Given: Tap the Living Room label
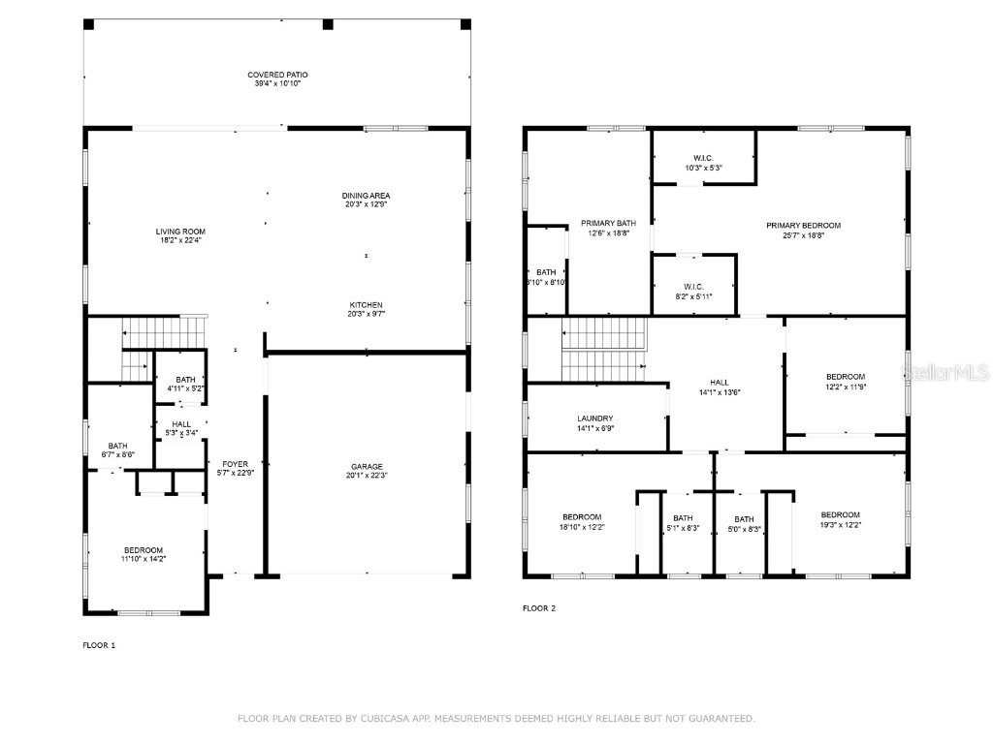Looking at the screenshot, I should click(180, 232).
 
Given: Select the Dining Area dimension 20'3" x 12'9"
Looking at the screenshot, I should click(366, 204).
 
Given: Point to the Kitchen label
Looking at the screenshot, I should click(367, 304).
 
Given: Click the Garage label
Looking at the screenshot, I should click(367, 467).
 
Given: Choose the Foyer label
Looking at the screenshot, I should click(235, 464).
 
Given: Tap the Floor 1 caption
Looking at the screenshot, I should click(99, 644).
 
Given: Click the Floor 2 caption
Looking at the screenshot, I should click(539, 608).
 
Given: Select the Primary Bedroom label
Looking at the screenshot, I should click(803, 226).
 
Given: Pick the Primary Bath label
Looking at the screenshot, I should click(608, 223).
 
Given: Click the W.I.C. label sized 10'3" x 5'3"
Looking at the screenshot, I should click(703, 158).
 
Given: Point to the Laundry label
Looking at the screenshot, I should click(595, 418).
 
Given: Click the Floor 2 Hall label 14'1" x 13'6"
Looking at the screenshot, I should click(719, 383).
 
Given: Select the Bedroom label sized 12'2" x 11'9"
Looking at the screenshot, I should click(845, 377).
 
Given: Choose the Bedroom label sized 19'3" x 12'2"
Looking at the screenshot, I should click(840, 514).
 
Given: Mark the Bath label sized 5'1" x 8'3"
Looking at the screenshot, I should click(683, 518).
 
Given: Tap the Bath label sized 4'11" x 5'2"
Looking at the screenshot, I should click(185, 380).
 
